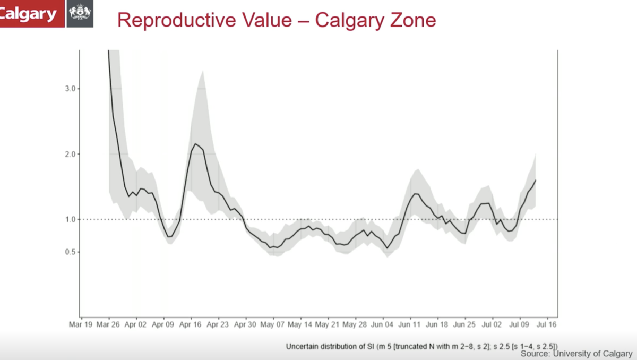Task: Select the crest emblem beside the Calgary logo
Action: pos(81,14)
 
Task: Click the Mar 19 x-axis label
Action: pos(81,323)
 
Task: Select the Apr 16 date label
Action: pos(190,323)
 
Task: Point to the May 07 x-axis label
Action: pos(272,323)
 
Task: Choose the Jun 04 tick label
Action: pos(382,323)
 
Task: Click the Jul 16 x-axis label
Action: pos(546,323)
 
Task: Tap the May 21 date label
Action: pos(328,323)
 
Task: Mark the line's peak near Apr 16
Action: pos(195,144)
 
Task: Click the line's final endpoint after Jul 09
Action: pos(536,180)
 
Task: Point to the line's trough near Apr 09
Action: pos(169,237)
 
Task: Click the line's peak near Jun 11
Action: pos(415,194)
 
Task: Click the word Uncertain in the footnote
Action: pos(302,346)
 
